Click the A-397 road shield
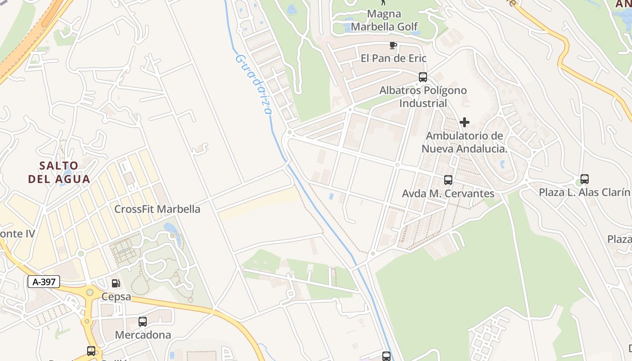coord(44,282)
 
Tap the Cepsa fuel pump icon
coord(116,283)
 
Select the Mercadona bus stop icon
coord(143,322)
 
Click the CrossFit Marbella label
coord(157,209)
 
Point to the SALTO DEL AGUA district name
coord(59,172)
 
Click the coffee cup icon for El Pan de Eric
coord(393,45)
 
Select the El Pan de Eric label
coord(393,58)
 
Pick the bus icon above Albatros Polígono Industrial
coord(423,77)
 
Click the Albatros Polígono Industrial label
coord(423,97)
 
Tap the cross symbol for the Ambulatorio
coord(464,122)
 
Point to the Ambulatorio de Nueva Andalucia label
coord(465,142)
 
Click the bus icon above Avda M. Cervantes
coord(448,180)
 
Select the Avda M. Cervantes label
coord(448,194)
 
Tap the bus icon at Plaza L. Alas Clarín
coord(585,179)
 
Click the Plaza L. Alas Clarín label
coord(584,193)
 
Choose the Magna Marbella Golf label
coord(385,20)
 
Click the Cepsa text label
coord(116,296)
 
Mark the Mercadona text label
coord(143,335)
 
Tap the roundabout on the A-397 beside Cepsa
coord(90,293)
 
